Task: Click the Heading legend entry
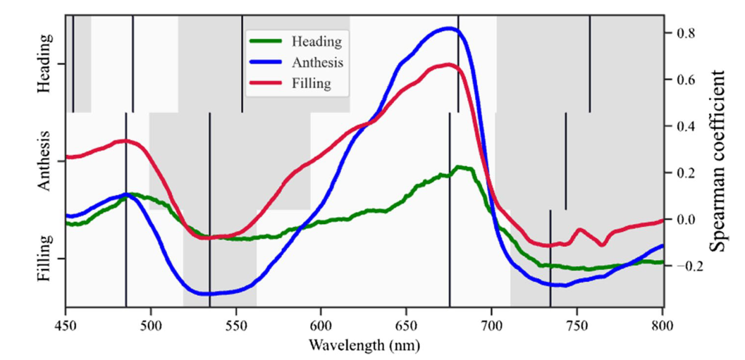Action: pos(316,41)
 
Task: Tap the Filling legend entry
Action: pos(311,83)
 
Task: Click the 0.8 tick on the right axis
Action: pos(687,33)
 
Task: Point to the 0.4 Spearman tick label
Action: pos(687,126)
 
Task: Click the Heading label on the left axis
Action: pos(44,63)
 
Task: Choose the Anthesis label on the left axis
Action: pos(44,161)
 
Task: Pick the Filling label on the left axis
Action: pos(44,259)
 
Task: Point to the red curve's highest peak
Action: pos(450,65)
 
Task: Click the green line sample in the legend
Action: pos(266,41)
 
